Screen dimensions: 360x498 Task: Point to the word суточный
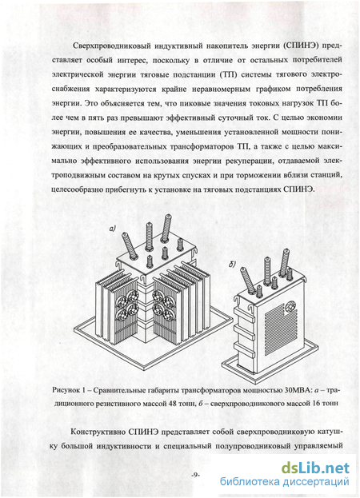[x=234, y=118]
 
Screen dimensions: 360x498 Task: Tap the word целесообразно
[x=77, y=189]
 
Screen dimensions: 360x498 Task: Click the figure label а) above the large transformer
[x=113, y=228]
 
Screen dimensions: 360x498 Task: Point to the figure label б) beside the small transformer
[x=232, y=265]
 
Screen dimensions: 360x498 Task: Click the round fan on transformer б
[x=290, y=308]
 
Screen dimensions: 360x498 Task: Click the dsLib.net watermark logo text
[x=315, y=468]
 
